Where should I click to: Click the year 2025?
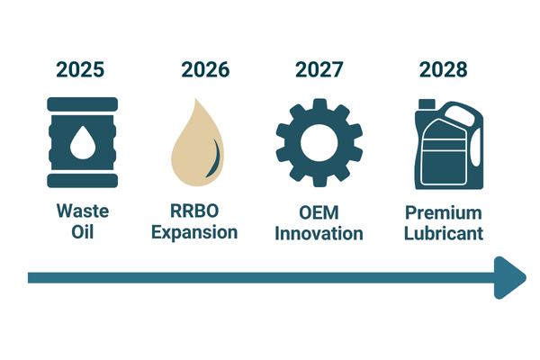click(80, 69)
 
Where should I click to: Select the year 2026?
click(205, 69)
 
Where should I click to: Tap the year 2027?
click(319, 69)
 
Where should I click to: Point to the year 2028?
click(443, 69)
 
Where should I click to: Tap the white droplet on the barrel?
click(83, 142)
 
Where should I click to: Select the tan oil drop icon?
click(197, 142)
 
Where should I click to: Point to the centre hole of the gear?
click(319, 142)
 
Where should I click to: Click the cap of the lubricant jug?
click(427, 103)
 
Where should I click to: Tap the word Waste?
click(83, 211)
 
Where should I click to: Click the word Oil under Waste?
click(83, 232)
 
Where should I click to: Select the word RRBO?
click(194, 211)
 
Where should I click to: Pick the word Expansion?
click(194, 232)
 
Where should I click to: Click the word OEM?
click(319, 212)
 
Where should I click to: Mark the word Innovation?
click(319, 234)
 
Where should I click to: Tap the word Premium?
click(444, 212)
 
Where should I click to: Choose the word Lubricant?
click(444, 234)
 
